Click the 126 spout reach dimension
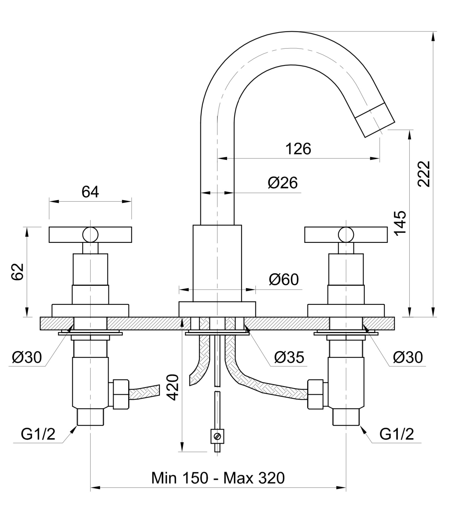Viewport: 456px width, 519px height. pyautogui.click(x=298, y=149)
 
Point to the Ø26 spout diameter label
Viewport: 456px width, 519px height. pyautogui.click(x=283, y=183)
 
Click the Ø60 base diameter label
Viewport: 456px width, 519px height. pyautogui.click(x=284, y=279)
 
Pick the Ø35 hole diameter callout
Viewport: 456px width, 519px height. pyautogui.click(x=289, y=357)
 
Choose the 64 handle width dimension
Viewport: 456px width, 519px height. pyautogui.click(x=90, y=192)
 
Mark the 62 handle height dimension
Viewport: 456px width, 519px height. pyautogui.click(x=17, y=271)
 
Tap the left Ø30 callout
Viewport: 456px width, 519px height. pyautogui.click(x=27, y=357)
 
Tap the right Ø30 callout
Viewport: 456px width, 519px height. pyautogui.click(x=408, y=357)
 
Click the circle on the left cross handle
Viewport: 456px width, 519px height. pyautogui.click(x=90, y=235)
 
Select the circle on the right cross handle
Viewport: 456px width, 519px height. pyautogui.click(x=346, y=235)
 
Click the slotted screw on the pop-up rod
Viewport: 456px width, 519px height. pyautogui.click(x=218, y=436)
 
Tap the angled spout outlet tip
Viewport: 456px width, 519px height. pyautogui.click(x=375, y=120)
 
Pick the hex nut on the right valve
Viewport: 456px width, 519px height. pyautogui.click(x=316, y=394)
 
